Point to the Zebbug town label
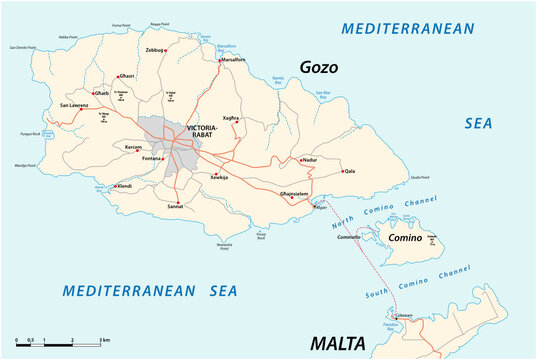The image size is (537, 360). (x=155, y=47)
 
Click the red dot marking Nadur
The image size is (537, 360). (x=298, y=159)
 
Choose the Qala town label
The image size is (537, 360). (x=350, y=171)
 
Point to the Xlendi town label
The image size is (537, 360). (x=124, y=186)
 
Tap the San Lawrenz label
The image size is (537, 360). (x=74, y=104)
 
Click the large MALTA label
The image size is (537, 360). (x=337, y=344)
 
